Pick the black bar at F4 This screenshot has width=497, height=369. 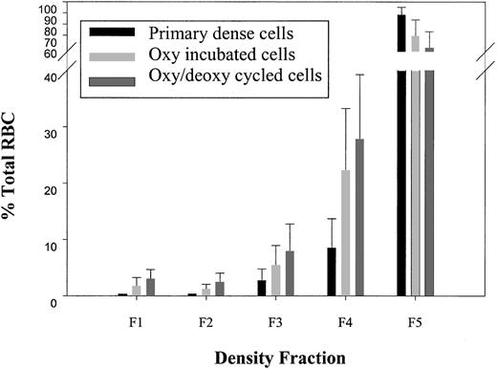(332, 271)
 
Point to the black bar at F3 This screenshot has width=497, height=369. (262, 288)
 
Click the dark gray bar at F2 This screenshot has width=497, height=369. (220, 289)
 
